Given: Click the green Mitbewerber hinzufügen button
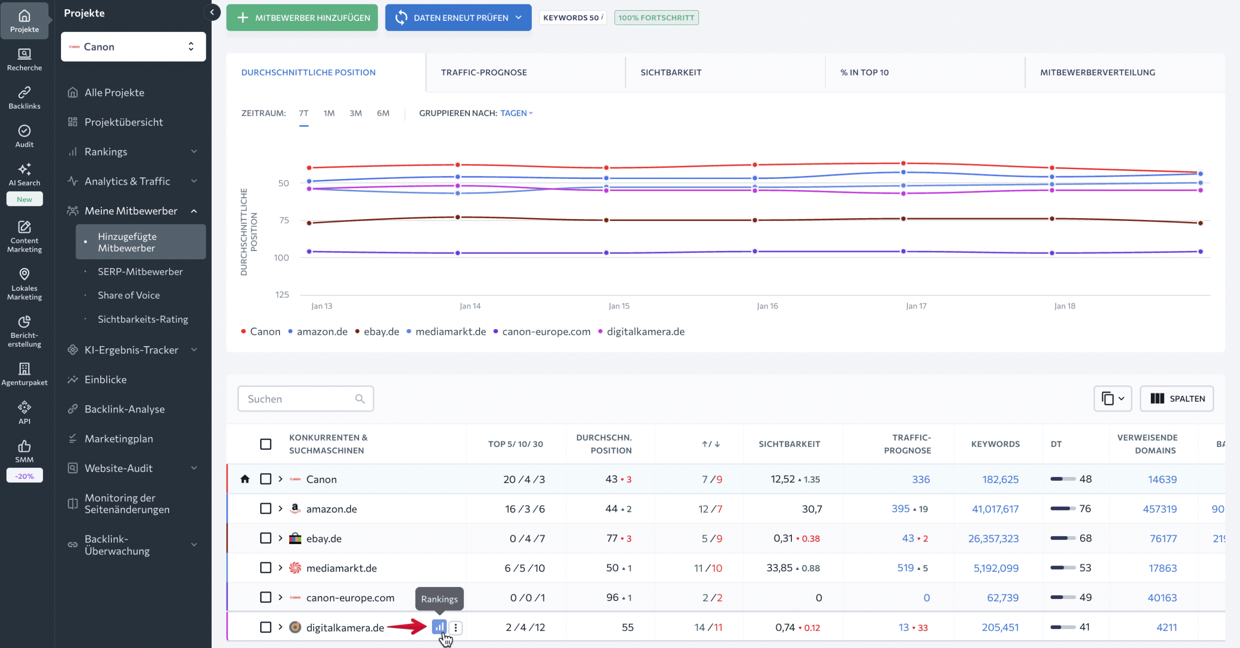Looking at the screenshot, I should click(x=302, y=18).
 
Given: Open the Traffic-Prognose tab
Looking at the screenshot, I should click(x=483, y=72).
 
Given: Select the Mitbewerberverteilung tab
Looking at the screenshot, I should click(x=1097, y=72).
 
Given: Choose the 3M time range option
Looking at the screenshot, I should click(x=356, y=113).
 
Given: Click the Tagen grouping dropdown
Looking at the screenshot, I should click(x=516, y=113).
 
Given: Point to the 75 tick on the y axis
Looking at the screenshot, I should click(x=284, y=221).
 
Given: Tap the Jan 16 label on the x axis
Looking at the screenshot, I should click(x=767, y=306).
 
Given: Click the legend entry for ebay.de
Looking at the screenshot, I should click(x=381, y=332).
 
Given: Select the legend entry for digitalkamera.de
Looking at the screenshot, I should click(x=645, y=332).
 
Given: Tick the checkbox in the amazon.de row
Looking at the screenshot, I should click(x=265, y=508).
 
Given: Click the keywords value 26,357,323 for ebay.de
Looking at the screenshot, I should click(x=993, y=538).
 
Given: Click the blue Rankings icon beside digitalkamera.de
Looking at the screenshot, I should click(x=439, y=627).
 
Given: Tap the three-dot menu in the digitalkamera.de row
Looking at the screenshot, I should click(x=455, y=628).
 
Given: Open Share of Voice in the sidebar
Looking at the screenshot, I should click(x=128, y=295).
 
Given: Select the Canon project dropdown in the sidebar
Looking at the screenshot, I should click(x=133, y=47).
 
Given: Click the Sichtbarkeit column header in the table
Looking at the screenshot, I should click(x=789, y=444).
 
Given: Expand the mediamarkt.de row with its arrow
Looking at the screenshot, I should click(x=280, y=568).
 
